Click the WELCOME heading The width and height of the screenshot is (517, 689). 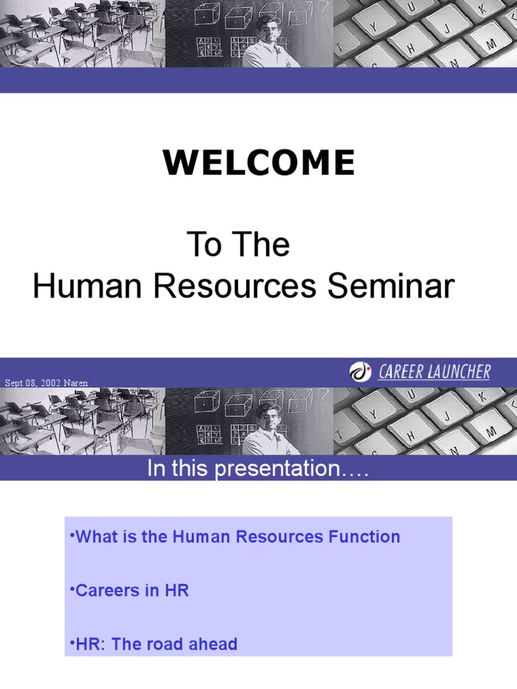point(259,164)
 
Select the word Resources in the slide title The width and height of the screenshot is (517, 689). point(236,287)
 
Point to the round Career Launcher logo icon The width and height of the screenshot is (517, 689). point(360,371)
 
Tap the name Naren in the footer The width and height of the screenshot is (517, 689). point(75,383)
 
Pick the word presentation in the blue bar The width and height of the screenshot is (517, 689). point(282,470)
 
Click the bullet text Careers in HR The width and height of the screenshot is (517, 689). point(132,591)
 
